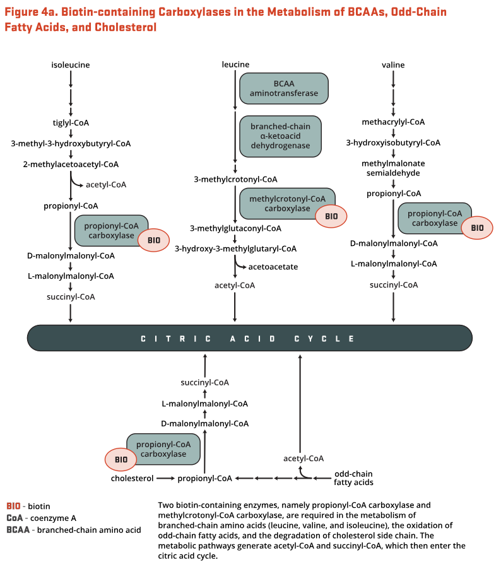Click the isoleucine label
[71, 65]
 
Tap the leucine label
[235, 65]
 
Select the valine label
[393, 65]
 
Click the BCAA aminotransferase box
[284, 88]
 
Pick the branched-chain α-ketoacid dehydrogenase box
[280, 136]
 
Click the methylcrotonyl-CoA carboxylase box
[287, 204]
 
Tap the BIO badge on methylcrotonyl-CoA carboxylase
[331, 216]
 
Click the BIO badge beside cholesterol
[121, 459]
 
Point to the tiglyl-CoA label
[71, 123]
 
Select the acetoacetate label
[273, 267]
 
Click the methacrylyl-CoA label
[393, 122]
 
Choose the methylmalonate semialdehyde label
[393, 168]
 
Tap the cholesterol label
[133, 479]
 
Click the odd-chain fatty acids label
[353, 478]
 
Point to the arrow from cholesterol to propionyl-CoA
[166, 479]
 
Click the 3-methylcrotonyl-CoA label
[235, 179]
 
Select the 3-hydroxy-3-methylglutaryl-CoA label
[235, 248]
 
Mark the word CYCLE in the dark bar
[324, 339]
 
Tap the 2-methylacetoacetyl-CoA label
[71, 165]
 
